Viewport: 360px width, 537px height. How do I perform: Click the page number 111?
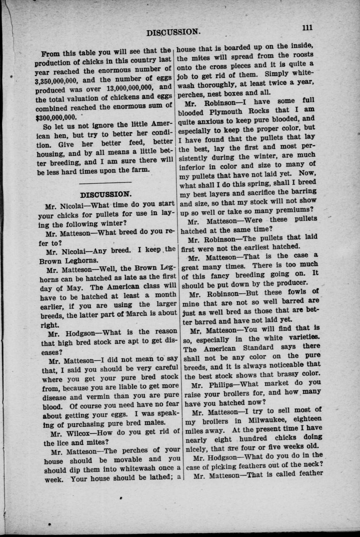[x=307, y=28]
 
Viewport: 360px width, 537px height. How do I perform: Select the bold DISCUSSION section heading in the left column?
[x=105, y=194]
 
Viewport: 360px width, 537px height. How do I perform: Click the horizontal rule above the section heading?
[x=105, y=182]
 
